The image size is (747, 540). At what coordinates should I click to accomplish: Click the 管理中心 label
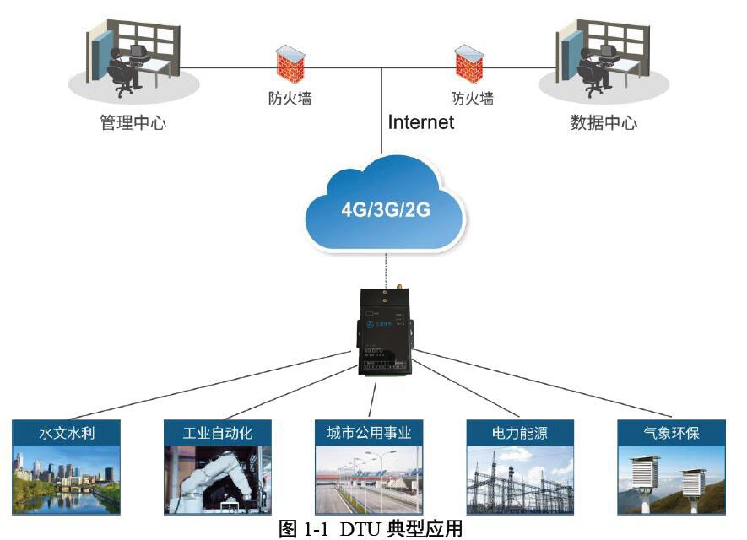click(x=133, y=123)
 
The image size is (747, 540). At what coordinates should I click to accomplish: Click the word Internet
click(x=421, y=122)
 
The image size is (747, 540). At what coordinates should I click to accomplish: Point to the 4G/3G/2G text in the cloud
click(x=385, y=208)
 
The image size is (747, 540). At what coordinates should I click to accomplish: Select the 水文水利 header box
click(x=67, y=433)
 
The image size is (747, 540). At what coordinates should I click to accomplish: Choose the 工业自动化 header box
click(x=218, y=433)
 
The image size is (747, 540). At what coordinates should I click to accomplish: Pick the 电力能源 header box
click(x=520, y=433)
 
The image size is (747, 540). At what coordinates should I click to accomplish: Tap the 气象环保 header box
click(x=671, y=433)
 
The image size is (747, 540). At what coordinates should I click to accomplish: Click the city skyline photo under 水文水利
click(x=67, y=481)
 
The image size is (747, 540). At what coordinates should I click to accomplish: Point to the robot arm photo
click(x=218, y=481)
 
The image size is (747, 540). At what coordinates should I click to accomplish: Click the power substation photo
click(x=520, y=481)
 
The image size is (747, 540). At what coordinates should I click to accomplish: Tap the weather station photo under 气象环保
click(x=671, y=481)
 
